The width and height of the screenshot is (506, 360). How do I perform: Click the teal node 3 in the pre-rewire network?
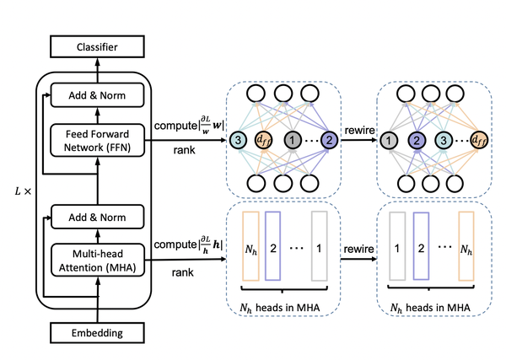tap(239, 140)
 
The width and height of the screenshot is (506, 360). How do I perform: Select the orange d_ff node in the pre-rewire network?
tap(263, 140)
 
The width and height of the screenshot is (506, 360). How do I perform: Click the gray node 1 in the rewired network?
tap(389, 140)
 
